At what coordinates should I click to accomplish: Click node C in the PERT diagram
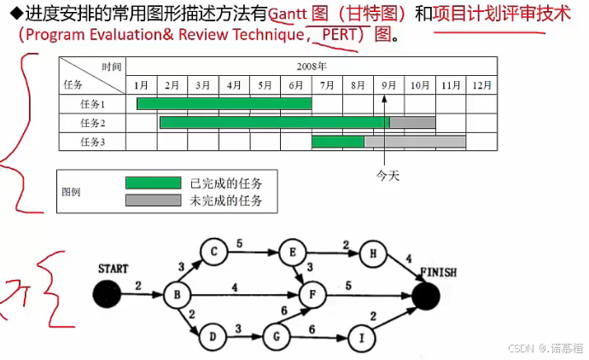[213, 252]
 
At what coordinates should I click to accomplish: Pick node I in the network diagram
[362, 338]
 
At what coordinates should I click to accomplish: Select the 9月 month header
[388, 85]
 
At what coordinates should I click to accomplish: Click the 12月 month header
[481, 85]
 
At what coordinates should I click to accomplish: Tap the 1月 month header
[141, 85]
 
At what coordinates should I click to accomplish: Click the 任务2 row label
[92, 123]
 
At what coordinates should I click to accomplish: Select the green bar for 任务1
[224, 104]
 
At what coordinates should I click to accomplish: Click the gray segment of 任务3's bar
[415, 142]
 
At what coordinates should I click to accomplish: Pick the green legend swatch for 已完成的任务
[153, 183]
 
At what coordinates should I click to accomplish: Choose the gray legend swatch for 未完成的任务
[153, 200]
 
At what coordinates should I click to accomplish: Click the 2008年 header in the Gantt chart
[312, 66]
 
